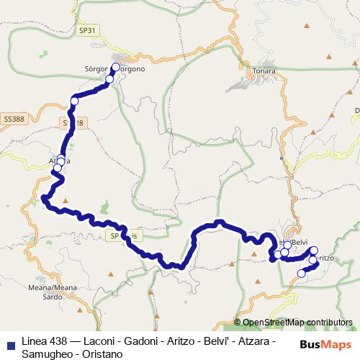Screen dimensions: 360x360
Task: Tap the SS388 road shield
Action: click(x=13, y=117)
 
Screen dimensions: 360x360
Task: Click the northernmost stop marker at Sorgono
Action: click(x=115, y=67)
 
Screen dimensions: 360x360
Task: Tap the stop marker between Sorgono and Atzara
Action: click(x=73, y=102)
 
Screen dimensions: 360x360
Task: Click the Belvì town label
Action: click(x=297, y=242)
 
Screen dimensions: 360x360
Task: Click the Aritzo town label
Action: click(x=325, y=258)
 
